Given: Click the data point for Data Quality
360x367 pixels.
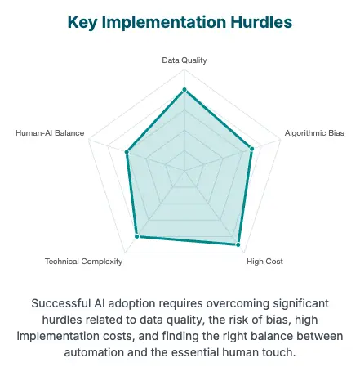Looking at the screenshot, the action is [184, 90].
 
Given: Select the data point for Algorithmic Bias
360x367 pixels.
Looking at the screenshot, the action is [251, 149].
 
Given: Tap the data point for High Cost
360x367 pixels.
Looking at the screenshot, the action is [238, 244].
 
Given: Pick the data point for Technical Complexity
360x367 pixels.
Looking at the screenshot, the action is [137, 236].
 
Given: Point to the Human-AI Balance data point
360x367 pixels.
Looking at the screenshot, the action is [127, 152].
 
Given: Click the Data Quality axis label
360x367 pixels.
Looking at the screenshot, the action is [184, 60].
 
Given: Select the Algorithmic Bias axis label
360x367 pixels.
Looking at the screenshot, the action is [314, 133].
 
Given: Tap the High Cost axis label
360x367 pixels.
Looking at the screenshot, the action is [264, 262].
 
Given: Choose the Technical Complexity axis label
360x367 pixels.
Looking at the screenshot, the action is [83, 262].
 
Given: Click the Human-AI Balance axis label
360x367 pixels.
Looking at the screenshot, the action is [50, 133].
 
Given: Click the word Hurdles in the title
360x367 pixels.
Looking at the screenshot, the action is [261, 22].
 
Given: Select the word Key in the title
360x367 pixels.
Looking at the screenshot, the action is [82, 23].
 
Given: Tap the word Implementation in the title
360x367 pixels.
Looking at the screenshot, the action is [164, 23].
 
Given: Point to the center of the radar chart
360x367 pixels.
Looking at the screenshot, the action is [184, 171].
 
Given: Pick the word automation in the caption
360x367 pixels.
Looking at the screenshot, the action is [94, 352].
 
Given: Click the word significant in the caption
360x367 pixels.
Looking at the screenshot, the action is [300, 304].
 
